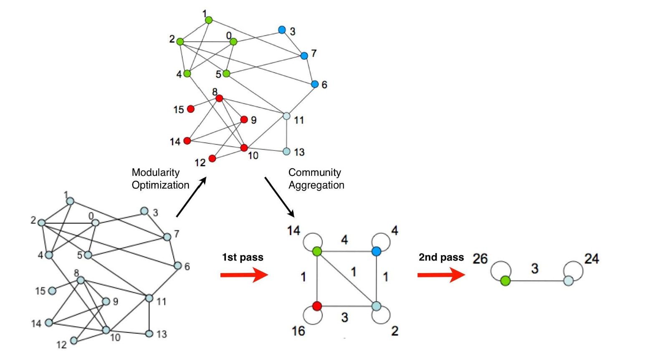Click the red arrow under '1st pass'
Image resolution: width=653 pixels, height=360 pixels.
244,275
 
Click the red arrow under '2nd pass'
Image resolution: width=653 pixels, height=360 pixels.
441,275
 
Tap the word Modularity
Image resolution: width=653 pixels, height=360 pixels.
155,172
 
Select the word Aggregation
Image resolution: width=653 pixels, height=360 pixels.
316,185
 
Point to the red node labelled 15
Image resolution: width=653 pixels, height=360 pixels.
190,109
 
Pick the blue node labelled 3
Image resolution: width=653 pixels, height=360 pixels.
282,30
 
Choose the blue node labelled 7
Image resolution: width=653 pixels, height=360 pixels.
304,56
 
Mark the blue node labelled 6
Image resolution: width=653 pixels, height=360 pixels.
315,84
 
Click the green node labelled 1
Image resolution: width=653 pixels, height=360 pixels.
209,20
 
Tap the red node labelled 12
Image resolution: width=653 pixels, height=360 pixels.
212,158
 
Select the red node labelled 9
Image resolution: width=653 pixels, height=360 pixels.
244,120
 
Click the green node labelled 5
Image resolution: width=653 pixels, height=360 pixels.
226,74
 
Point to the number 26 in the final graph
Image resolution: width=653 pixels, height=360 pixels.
480,259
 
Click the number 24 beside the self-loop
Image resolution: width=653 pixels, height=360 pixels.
592,259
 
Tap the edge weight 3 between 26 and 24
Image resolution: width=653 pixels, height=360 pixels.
534,269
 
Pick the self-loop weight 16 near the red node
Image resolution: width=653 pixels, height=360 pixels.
298,331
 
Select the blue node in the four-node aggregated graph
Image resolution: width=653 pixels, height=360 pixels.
376,251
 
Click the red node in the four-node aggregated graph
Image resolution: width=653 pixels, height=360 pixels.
317,306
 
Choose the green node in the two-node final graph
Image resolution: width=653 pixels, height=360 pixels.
505,281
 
